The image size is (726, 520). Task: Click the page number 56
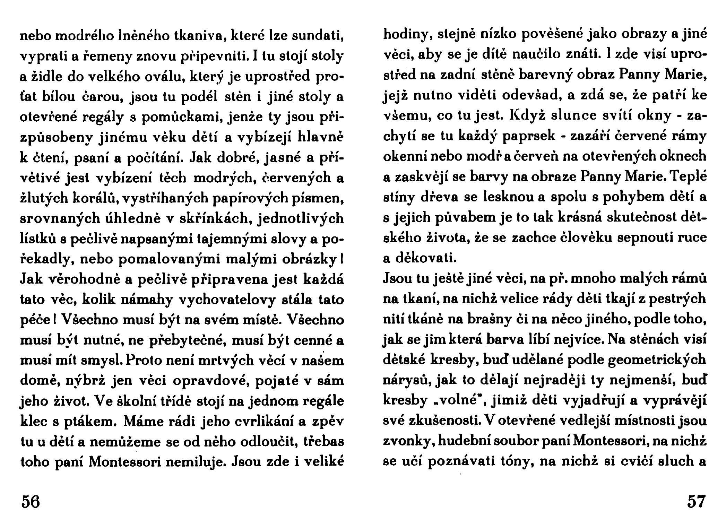point(31,501)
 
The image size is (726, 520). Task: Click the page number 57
point(696,501)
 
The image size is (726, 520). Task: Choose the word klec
point(32,423)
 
